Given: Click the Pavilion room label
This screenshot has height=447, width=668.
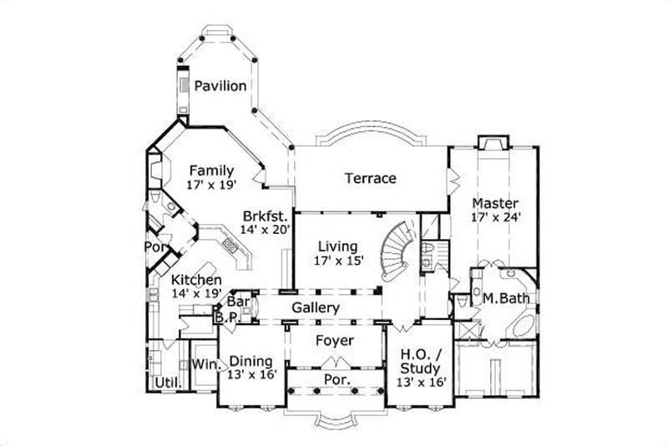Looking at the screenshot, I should point(220,86).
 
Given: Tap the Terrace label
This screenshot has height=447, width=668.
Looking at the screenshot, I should point(370,178).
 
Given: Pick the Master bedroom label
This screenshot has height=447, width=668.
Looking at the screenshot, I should point(495,203).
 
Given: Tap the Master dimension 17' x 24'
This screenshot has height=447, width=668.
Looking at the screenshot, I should point(495,218).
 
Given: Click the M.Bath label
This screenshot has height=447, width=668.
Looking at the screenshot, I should point(508,297).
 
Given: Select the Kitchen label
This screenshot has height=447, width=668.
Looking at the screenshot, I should point(197,279).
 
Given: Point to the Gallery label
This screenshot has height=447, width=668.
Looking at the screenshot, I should point(315,308).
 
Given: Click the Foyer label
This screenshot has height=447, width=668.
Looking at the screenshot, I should point(334,341).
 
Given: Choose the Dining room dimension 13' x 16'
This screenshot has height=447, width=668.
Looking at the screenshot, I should point(250,376).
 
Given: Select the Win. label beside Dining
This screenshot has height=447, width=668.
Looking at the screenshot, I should point(205,364).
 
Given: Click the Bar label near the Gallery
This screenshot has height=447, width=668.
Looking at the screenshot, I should point(239,302).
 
